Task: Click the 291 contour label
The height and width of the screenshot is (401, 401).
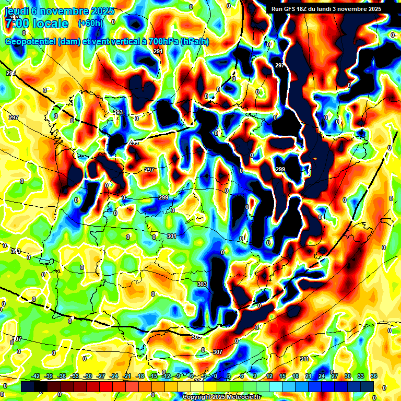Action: point(158,51)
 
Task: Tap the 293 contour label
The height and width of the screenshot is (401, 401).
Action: point(119,113)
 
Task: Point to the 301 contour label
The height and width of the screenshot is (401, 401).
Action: point(172,237)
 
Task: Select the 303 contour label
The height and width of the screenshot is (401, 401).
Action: point(202,284)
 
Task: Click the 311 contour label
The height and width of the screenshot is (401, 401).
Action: point(304,359)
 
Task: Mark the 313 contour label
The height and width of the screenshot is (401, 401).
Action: point(16,252)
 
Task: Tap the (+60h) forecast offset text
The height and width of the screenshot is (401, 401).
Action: point(90,23)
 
